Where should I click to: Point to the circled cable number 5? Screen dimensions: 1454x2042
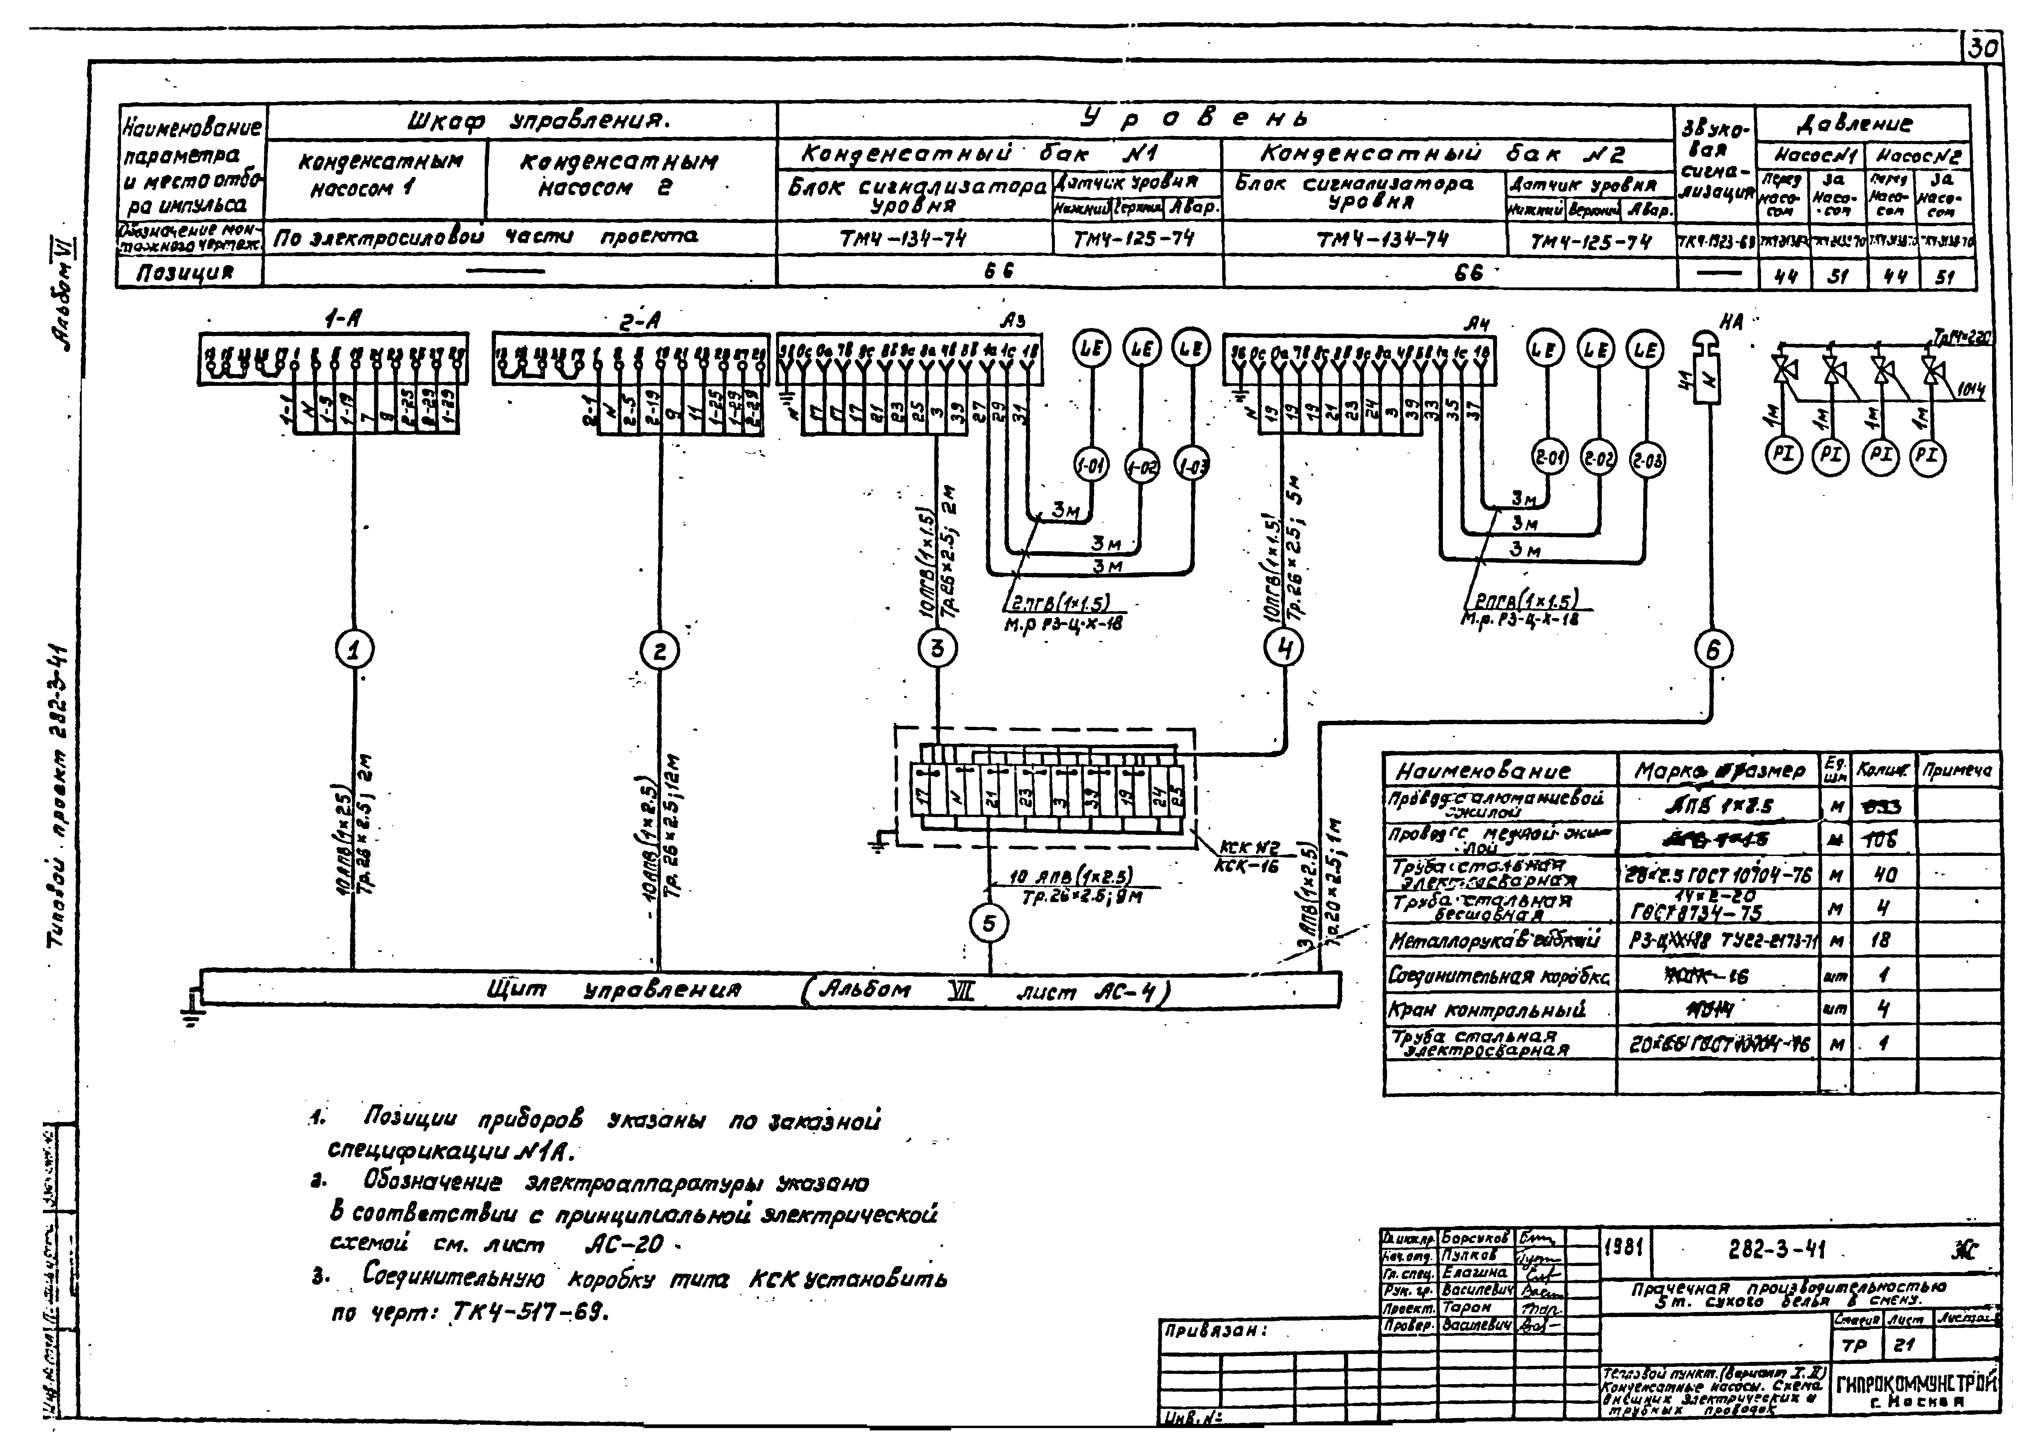989,923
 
